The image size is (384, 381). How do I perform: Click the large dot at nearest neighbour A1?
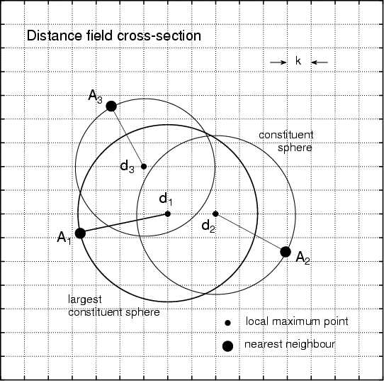click(80, 233)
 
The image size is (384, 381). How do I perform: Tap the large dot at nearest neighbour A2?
click(286, 252)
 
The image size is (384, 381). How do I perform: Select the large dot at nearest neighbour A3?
click(111, 106)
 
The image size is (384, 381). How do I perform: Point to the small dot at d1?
click(167, 214)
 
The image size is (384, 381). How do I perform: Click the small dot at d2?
click(215, 214)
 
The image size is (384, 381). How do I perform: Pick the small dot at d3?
click(144, 167)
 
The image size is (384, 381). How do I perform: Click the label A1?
click(64, 238)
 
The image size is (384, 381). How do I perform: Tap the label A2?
click(303, 258)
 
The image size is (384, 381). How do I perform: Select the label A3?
click(95, 96)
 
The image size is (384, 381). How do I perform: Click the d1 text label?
click(166, 199)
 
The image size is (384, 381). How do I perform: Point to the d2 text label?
click(208, 226)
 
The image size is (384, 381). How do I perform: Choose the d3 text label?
click(128, 167)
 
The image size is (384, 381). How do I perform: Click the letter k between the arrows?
click(298, 61)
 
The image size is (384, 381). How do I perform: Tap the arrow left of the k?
click(278, 62)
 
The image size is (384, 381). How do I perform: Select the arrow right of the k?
click(320, 62)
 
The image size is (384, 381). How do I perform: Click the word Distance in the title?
click(55, 35)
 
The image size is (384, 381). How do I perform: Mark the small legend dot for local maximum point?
click(227, 323)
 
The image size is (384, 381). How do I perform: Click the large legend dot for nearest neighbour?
click(227, 346)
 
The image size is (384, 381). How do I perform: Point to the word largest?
click(85, 300)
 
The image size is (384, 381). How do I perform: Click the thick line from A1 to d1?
click(124, 223)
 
